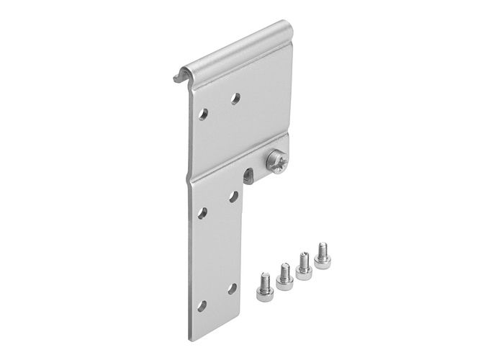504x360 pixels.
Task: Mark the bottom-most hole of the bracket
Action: tap(202, 305)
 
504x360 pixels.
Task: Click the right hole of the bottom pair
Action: tap(232, 287)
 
